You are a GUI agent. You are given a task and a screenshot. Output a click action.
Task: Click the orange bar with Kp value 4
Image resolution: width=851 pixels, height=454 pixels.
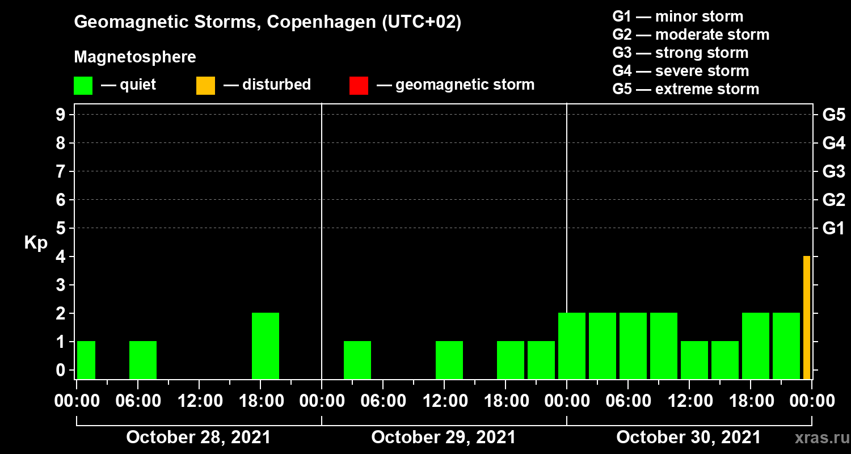[806, 318]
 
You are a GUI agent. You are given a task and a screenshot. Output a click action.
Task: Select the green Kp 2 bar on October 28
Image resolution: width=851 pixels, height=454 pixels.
[266, 346]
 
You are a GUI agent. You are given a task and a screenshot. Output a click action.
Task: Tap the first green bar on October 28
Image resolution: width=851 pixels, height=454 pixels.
[86, 360]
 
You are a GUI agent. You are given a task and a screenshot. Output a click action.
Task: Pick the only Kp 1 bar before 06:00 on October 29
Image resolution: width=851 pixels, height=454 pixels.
[357, 360]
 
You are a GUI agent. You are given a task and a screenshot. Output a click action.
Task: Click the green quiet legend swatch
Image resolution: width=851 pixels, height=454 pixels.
[83, 86]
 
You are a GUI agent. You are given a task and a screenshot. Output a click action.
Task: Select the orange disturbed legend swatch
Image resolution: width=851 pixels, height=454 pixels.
[205, 86]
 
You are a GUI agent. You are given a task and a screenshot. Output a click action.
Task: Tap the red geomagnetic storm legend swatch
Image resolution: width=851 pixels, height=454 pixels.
[359, 86]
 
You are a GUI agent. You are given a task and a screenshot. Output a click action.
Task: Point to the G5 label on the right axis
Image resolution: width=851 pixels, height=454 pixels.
[833, 115]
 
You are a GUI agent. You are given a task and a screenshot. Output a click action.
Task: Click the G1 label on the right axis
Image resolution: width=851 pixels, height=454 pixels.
[833, 229]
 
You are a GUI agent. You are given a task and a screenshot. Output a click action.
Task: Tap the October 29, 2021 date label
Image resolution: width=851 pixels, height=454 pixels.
[444, 438]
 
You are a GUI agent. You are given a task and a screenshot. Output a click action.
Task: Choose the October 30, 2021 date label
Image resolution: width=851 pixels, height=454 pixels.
[688, 438]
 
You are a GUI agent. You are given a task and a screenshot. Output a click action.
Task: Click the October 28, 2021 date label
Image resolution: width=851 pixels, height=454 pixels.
[199, 438]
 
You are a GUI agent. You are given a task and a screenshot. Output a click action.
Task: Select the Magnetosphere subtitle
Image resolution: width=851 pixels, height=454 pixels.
[135, 57]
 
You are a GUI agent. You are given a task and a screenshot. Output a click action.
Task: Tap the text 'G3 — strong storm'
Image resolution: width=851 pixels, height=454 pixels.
[680, 53]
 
